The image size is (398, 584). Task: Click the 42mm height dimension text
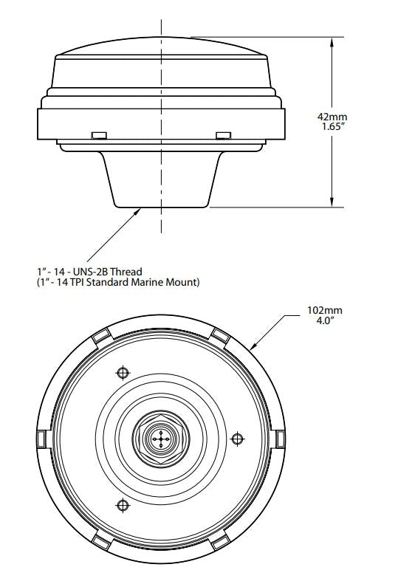pyautogui.click(x=332, y=117)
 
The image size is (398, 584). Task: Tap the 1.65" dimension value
pyautogui.click(x=332, y=127)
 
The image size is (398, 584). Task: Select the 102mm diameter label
pyautogui.click(x=325, y=310)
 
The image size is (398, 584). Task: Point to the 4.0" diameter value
pyautogui.click(x=325, y=320)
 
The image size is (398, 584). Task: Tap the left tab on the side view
pyautogui.click(x=99, y=135)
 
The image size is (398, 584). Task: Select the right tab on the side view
pyautogui.click(x=224, y=135)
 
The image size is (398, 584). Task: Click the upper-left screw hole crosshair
pyautogui.click(x=123, y=372)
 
